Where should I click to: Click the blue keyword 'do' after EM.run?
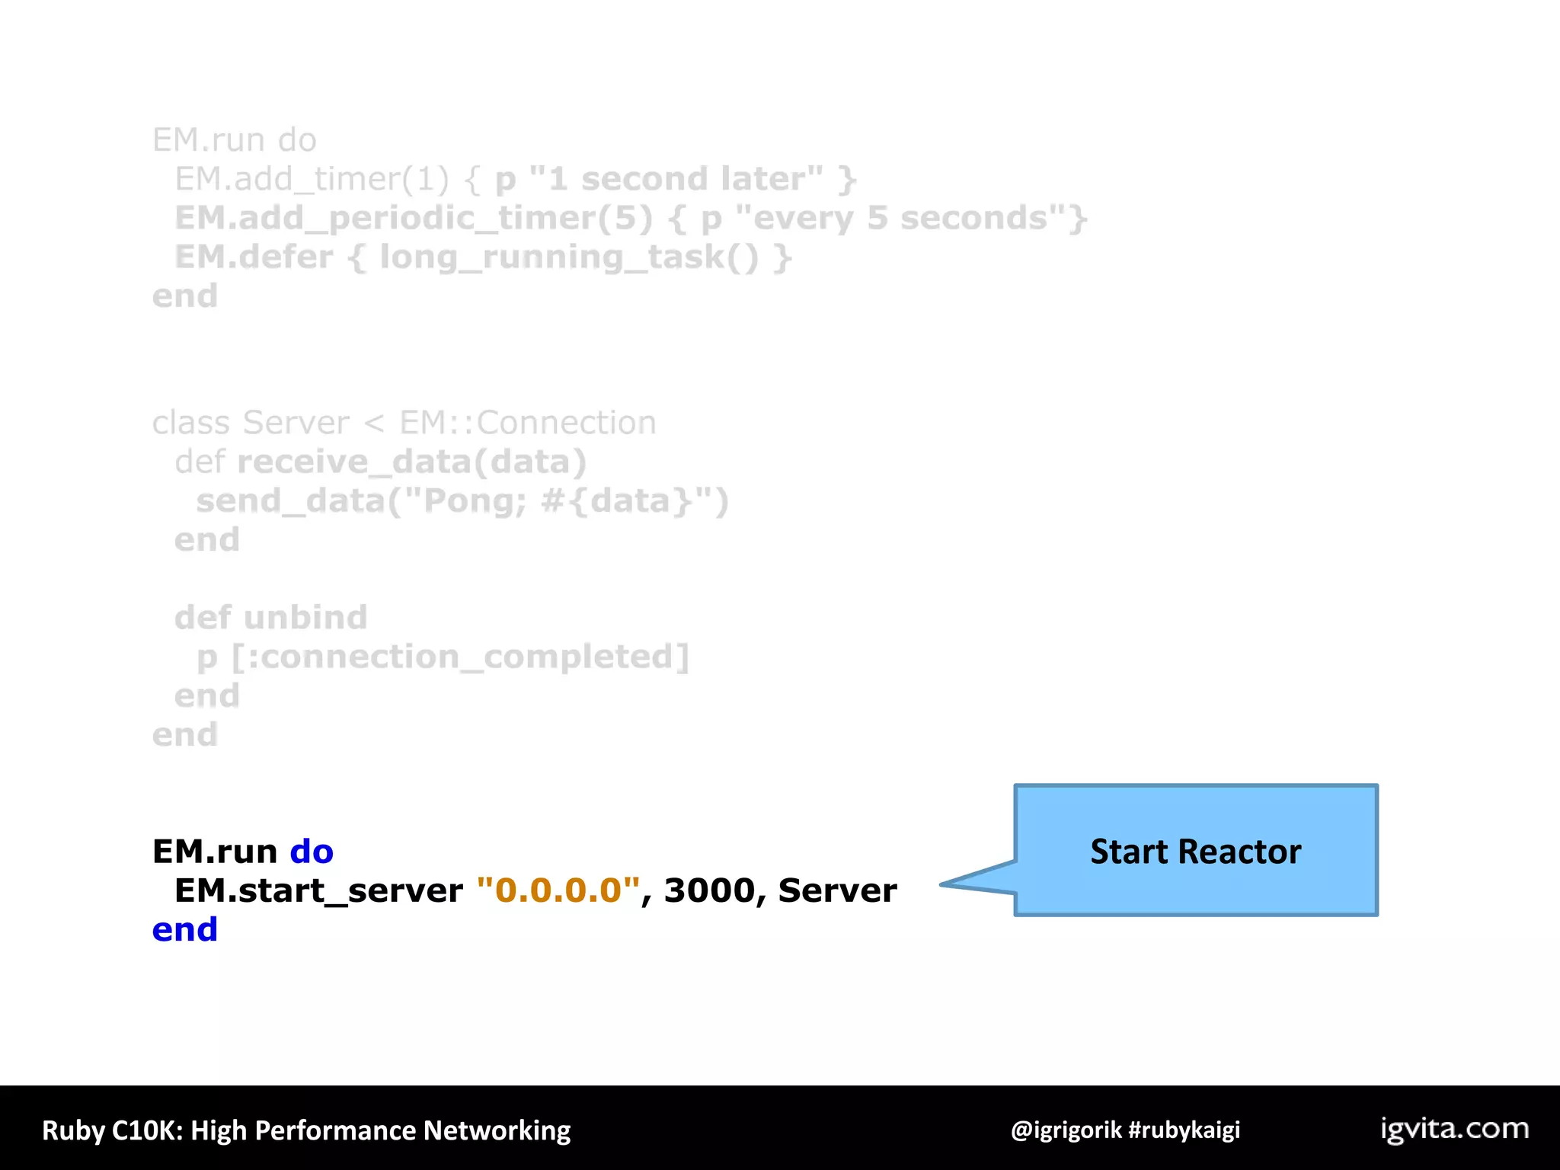312,852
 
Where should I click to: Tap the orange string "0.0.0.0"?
558,890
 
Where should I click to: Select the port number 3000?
709,890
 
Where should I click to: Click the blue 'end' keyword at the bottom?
185,930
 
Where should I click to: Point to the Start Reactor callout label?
1195,852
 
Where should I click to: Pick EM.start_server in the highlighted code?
318,890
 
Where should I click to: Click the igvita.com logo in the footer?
1454,1129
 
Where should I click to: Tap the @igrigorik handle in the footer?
1066,1130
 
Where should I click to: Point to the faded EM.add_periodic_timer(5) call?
414,219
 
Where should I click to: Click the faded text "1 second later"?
676,180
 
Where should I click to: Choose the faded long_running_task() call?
569,257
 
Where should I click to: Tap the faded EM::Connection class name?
528,423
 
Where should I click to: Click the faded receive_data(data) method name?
412,462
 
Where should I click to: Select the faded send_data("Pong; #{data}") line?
462,501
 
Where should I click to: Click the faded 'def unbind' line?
271,618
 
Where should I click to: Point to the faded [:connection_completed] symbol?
461,657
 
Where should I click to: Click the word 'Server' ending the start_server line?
837,890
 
